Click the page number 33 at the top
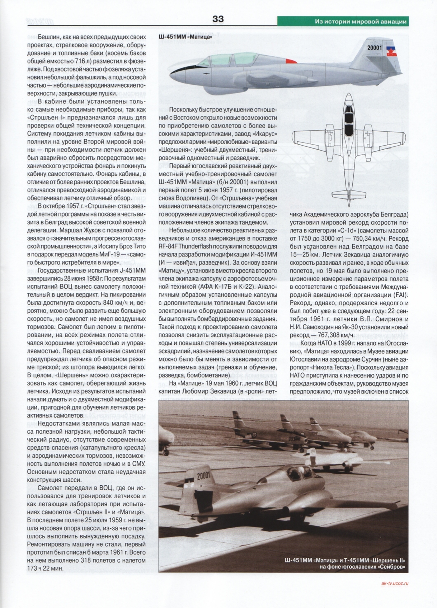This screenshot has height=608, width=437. [218, 19]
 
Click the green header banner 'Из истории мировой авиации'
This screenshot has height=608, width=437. [360, 22]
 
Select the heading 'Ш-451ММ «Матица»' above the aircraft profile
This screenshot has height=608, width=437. [185, 37]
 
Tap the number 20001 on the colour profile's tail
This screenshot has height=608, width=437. [375, 48]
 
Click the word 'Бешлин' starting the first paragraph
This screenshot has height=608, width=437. [50, 37]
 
